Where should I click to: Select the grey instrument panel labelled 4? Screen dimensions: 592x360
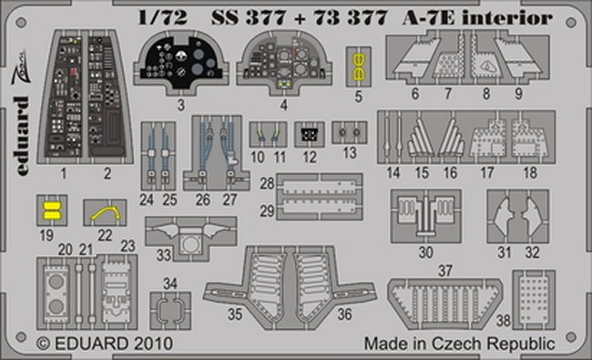point(284,62)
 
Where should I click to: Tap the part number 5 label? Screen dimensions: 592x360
point(359,97)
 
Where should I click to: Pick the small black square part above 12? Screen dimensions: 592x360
point(310,135)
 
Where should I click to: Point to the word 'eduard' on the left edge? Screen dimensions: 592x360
point(22,136)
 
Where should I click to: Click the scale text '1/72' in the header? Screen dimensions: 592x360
point(163,17)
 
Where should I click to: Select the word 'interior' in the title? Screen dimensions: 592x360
point(506,17)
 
